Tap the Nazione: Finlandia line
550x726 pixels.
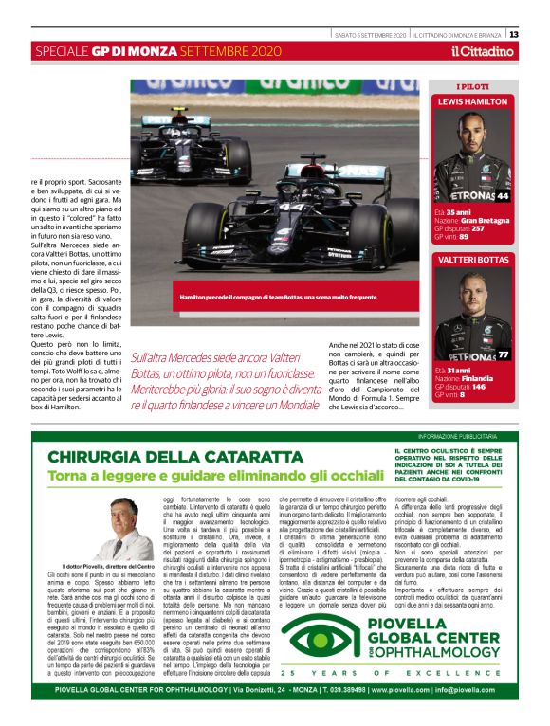coord(467,378)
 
